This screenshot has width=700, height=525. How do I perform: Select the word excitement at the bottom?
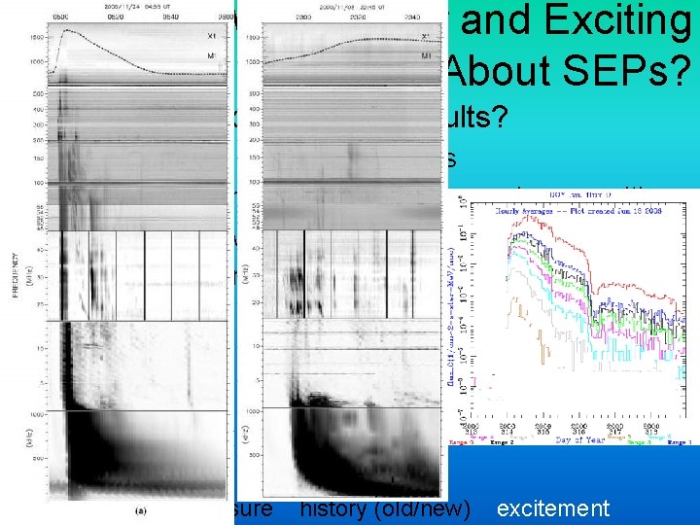point(552,507)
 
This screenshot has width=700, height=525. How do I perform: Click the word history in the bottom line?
point(336,507)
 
